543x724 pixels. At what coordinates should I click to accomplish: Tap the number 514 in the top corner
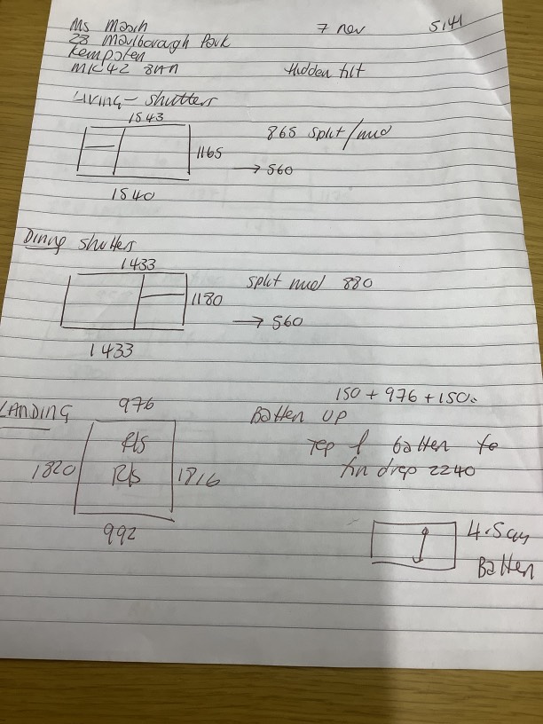(x=445, y=27)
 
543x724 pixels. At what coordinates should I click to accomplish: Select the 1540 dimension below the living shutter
(x=133, y=195)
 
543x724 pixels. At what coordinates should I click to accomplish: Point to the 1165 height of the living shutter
(x=209, y=153)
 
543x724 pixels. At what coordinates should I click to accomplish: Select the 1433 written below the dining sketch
(x=111, y=350)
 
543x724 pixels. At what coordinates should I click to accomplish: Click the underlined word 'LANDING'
(x=37, y=411)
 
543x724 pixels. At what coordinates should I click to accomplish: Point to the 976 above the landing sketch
(x=136, y=405)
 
